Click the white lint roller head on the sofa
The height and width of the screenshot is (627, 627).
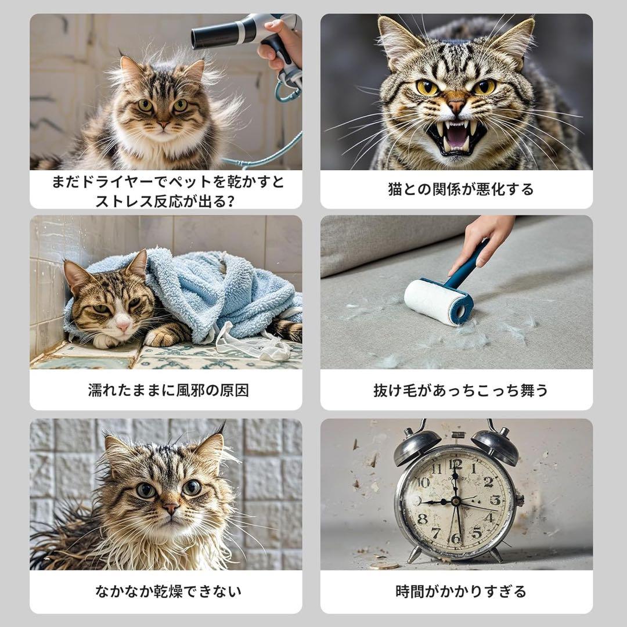(435, 300)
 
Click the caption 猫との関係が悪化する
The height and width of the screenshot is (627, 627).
(460, 189)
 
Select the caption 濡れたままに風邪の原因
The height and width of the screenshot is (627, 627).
(168, 390)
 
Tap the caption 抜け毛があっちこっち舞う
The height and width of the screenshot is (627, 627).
(460, 390)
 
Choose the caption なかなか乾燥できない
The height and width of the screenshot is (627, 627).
(168, 592)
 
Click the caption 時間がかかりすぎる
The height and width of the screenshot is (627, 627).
(460, 592)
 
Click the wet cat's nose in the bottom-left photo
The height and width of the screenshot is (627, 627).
(171, 508)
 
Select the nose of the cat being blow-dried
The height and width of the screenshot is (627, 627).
(163, 124)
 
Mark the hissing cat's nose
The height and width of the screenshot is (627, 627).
(456, 106)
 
